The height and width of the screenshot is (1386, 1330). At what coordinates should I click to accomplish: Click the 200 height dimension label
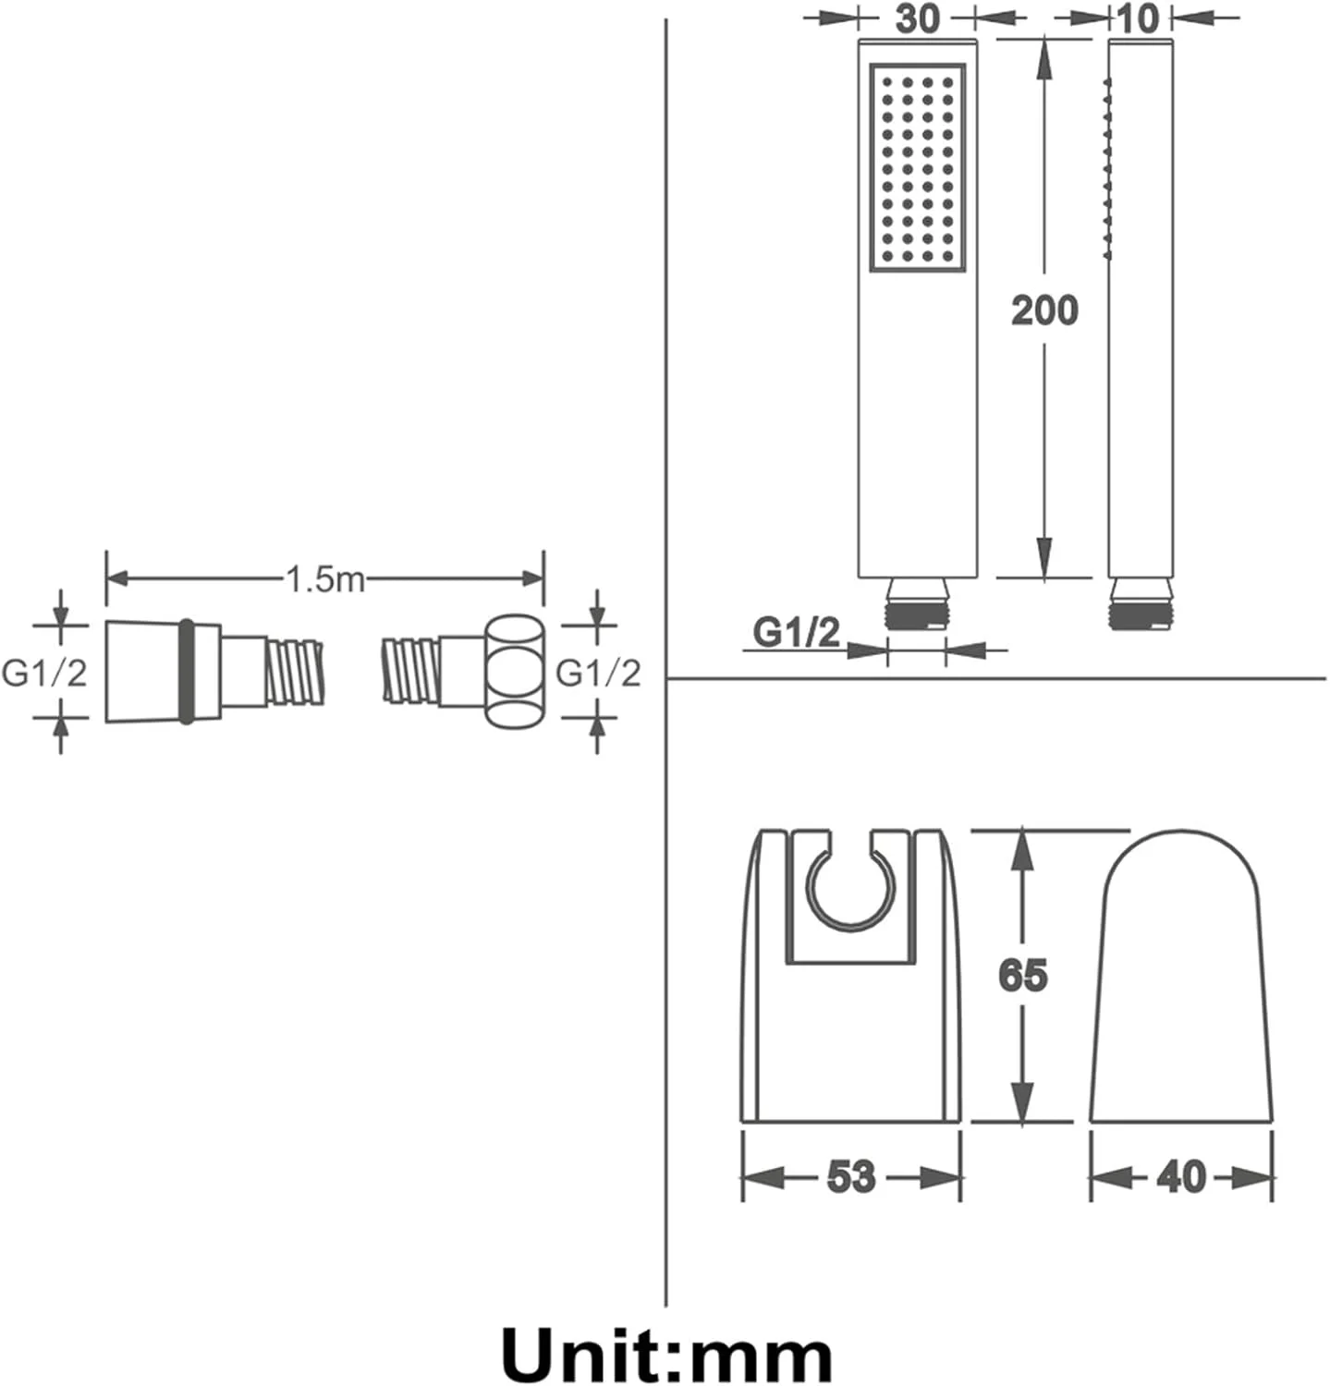click(1044, 310)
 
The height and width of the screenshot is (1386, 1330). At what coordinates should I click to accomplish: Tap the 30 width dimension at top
click(918, 18)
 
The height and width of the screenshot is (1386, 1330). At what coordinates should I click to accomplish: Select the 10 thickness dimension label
click(1137, 18)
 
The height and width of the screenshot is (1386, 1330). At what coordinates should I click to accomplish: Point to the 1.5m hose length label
click(324, 579)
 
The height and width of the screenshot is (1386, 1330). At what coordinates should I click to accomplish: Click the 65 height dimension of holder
click(1023, 975)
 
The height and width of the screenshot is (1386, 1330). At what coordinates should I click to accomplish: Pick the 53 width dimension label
click(850, 1176)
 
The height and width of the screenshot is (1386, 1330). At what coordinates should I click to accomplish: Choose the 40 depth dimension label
click(1181, 1176)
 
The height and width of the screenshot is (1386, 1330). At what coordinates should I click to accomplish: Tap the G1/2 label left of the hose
click(44, 673)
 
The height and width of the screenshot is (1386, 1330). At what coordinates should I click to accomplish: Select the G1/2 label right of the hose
click(598, 673)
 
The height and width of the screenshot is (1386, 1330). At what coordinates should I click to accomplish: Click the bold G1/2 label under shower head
click(797, 632)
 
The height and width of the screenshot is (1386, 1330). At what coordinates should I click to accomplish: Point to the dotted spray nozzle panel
click(918, 168)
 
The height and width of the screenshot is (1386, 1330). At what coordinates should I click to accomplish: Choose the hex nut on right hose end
click(514, 672)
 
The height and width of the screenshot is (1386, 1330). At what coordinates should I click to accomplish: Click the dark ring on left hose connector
click(187, 672)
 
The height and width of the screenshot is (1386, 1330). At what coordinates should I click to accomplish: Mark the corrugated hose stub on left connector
click(295, 672)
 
